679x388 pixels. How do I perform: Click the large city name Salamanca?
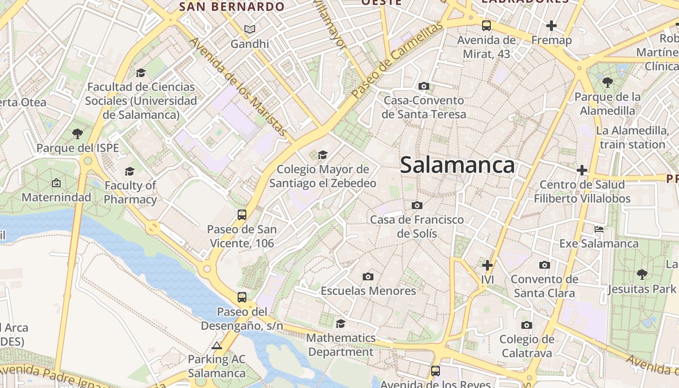coord(457,165)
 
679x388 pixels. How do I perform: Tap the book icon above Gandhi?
coord(249,30)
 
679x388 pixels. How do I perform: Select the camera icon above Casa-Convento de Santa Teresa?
coord(423,86)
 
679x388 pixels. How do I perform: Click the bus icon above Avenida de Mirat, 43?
coord(486,26)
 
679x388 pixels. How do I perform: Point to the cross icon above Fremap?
coord(551,26)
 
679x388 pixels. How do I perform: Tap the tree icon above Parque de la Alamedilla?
coord(607,82)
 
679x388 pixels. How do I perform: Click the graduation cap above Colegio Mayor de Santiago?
coord(323,155)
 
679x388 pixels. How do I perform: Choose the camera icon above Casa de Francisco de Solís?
coord(417,205)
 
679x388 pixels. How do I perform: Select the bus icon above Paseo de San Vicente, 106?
coord(242,215)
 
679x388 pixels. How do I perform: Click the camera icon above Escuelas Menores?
coord(368,276)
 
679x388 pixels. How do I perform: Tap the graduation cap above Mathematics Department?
coord(340,323)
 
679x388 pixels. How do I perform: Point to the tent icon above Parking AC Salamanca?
coord(216,345)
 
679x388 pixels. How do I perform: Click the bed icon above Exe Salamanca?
coord(599,229)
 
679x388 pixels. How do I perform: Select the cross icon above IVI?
coord(487,265)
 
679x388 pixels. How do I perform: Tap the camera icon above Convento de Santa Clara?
coord(544,265)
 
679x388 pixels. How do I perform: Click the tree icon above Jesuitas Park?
coord(642,275)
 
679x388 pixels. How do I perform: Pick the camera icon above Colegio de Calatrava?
coord(527,325)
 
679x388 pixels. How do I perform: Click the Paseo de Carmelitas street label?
coord(397,60)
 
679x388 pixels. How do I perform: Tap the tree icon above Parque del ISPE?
coord(77,133)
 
